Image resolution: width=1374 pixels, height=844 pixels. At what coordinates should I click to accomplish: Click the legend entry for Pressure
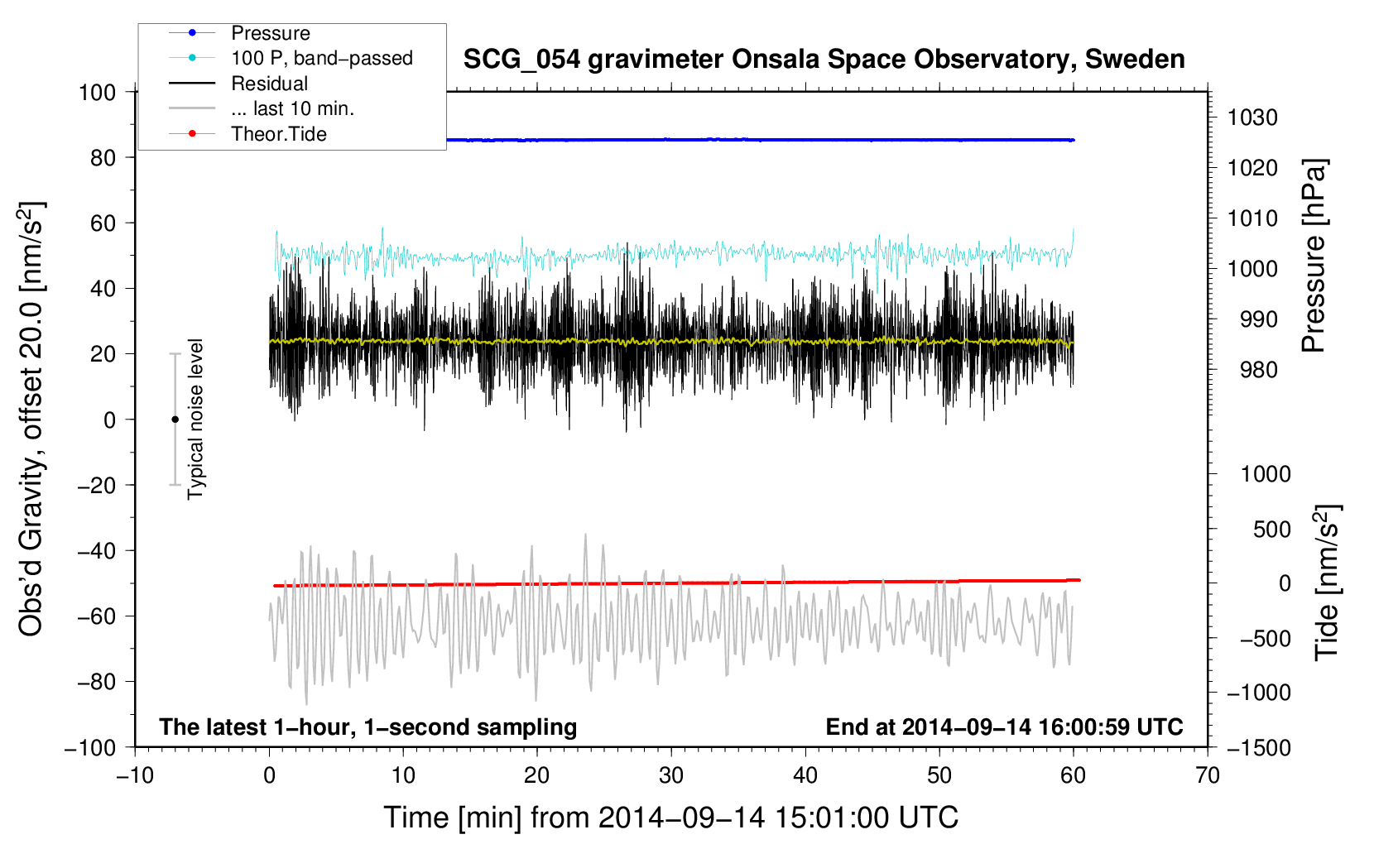pyautogui.click(x=271, y=33)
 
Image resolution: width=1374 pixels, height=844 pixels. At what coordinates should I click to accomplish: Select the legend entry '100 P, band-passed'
pyautogui.click(x=322, y=58)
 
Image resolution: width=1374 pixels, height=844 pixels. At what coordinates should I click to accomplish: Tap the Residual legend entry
pyautogui.click(x=269, y=84)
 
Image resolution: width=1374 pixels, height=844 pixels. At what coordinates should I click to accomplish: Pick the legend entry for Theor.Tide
pyautogui.click(x=279, y=134)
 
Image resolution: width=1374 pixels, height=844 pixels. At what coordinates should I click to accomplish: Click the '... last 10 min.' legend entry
pyautogui.click(x=292, y=108)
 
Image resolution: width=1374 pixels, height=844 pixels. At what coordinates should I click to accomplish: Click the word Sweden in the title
pyautogui.click(x=1135, y=60)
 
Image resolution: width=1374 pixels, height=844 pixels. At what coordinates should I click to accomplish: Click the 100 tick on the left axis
pyautogui.click(x=98, y=93)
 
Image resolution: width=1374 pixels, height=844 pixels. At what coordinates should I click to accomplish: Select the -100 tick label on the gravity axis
pyautogui.click(x=90, y=748)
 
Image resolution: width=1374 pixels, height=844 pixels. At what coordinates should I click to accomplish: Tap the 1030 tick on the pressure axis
pyautogui.click(x=1252, y=117)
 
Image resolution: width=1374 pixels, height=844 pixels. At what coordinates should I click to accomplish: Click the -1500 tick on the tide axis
pyautogui.click(x=1259, y=748)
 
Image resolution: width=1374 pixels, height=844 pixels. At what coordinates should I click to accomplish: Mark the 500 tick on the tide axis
pyautogui.click(x=1272, y=530)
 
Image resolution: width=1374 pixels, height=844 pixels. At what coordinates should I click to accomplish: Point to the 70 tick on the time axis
pyautogui.click(x=1207, y=775)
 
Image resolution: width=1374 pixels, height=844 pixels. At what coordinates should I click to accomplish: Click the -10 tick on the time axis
pyautogui.click(x=135, y=775)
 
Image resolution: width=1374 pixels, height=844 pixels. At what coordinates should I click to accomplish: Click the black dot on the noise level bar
pyautogui.click(x=175, y=420)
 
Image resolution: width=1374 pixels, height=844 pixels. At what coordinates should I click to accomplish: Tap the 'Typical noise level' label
pyautogui.click(x=195, y=420)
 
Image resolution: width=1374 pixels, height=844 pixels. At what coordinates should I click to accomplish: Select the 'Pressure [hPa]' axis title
pyautogui.click(x=1314, y=256)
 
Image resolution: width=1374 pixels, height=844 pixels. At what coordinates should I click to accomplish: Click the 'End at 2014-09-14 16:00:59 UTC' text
pyautogui.click(x=1004, y=727)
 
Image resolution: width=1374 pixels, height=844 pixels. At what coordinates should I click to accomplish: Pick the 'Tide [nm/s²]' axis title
pyautogui.click(x=1328, y=583)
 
